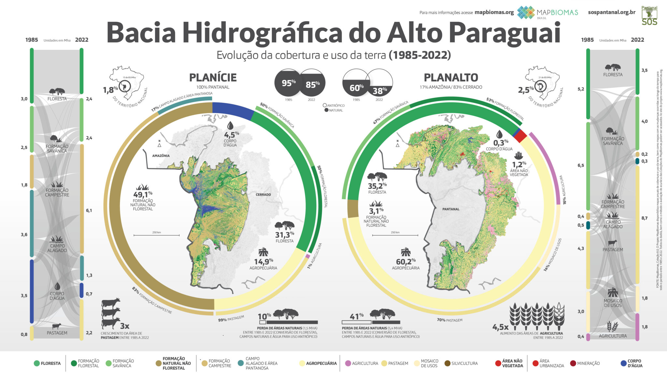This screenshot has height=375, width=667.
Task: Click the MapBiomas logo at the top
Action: (547, 12)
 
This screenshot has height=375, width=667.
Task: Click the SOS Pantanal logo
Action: (649, 16)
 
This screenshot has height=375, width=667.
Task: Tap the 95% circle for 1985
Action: (288, 83)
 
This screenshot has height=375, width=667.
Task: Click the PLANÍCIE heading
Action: (213, 78)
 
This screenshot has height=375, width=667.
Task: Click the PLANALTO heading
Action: (451, 78)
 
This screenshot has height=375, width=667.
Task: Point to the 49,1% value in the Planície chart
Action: (142, 195)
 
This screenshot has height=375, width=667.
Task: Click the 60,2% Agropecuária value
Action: (405, 262)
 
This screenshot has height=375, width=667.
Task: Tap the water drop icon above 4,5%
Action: (230, 126)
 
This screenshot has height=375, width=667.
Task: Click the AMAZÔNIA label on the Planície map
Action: (161, 156)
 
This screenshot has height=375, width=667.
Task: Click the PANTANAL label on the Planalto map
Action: (451, 209)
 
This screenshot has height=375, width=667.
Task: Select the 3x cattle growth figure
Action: (124, 326)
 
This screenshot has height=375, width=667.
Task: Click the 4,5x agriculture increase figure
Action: (500, 327)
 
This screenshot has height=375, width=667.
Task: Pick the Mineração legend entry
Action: (588, 363)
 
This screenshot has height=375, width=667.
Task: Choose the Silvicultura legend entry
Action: (464, 363)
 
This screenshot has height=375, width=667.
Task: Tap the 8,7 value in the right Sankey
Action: (644, 218)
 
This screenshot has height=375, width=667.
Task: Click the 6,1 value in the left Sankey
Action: (89, 211)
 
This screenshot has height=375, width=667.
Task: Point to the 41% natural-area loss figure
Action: (356, 316)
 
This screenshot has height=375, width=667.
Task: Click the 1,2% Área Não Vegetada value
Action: (519, 165)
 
